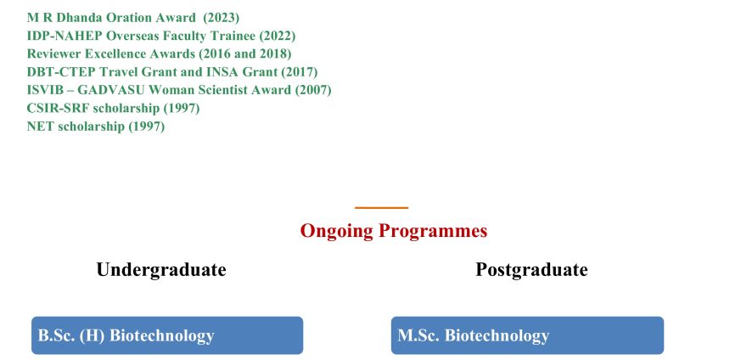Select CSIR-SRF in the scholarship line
point(58,108)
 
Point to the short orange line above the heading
point(381,207)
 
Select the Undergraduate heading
point(161,270)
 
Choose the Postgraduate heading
point(531,270)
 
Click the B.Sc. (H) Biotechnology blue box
point(167,335)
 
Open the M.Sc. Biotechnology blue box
point(527,335)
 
